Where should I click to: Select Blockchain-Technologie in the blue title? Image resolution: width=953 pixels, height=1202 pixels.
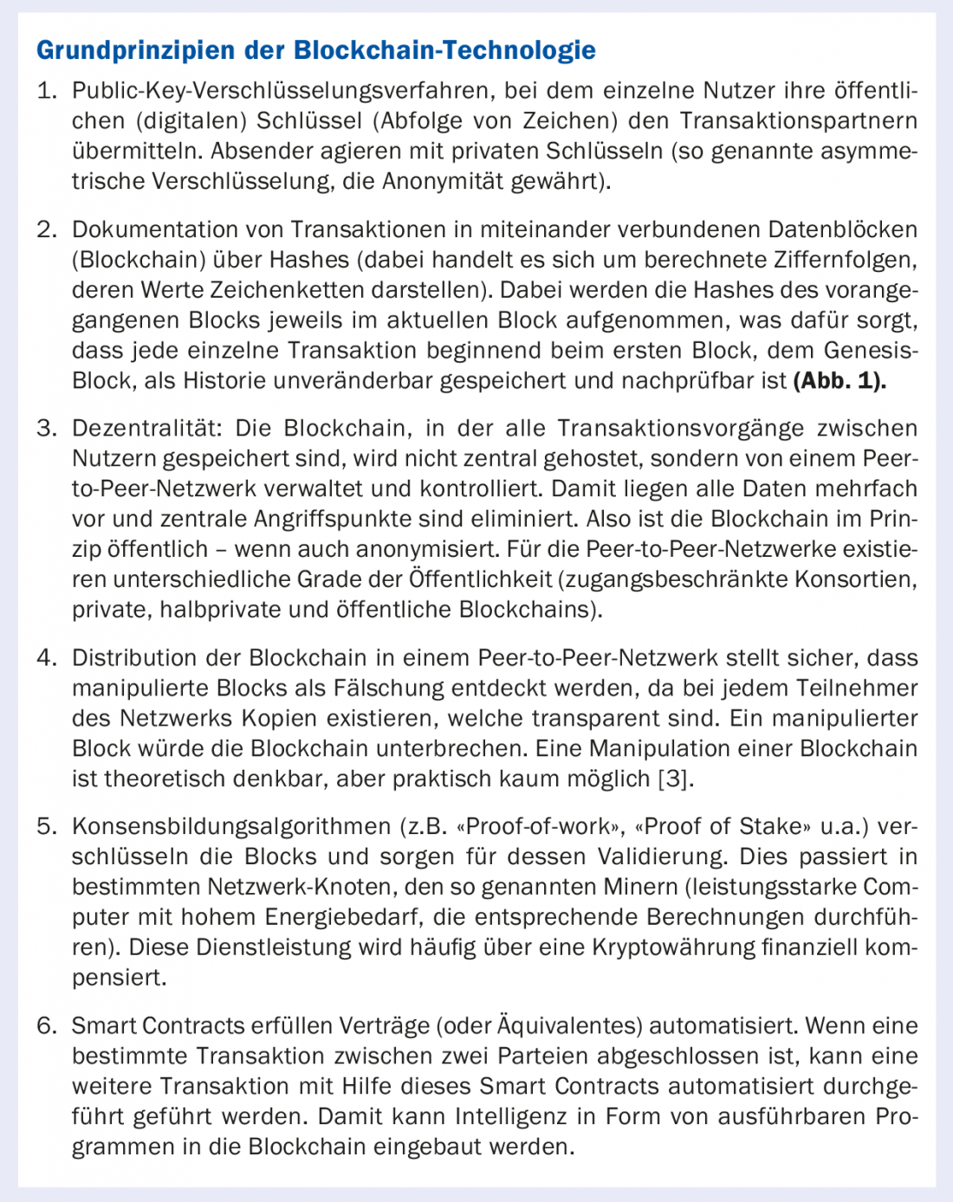(x=444, y=50)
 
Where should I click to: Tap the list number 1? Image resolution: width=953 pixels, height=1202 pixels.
(x=47, y=91)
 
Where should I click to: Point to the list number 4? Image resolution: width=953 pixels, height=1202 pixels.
(x=47, y=658)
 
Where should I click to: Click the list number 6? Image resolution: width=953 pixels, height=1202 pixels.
(x=47, y=1026)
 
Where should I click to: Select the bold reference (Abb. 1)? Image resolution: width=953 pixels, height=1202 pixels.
(x=840, y=381)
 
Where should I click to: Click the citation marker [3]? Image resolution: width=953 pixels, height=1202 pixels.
(x=676, y=779)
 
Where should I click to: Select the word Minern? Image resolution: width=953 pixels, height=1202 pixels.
(x=637, y=888)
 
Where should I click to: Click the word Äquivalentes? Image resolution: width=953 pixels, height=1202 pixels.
(x=569, y=1026)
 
